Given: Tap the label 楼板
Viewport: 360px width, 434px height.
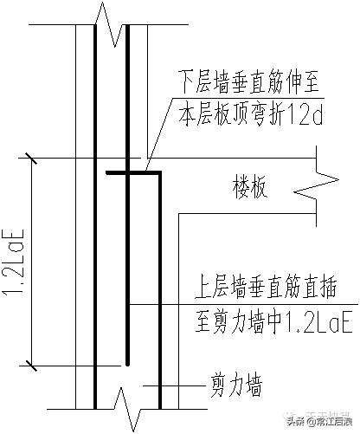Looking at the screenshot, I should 248,186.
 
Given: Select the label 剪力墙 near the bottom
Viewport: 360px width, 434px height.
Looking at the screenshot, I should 233,382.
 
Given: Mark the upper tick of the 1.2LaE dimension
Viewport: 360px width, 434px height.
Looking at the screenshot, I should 31,159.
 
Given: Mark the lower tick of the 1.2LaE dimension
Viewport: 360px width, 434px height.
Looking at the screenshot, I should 31,363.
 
